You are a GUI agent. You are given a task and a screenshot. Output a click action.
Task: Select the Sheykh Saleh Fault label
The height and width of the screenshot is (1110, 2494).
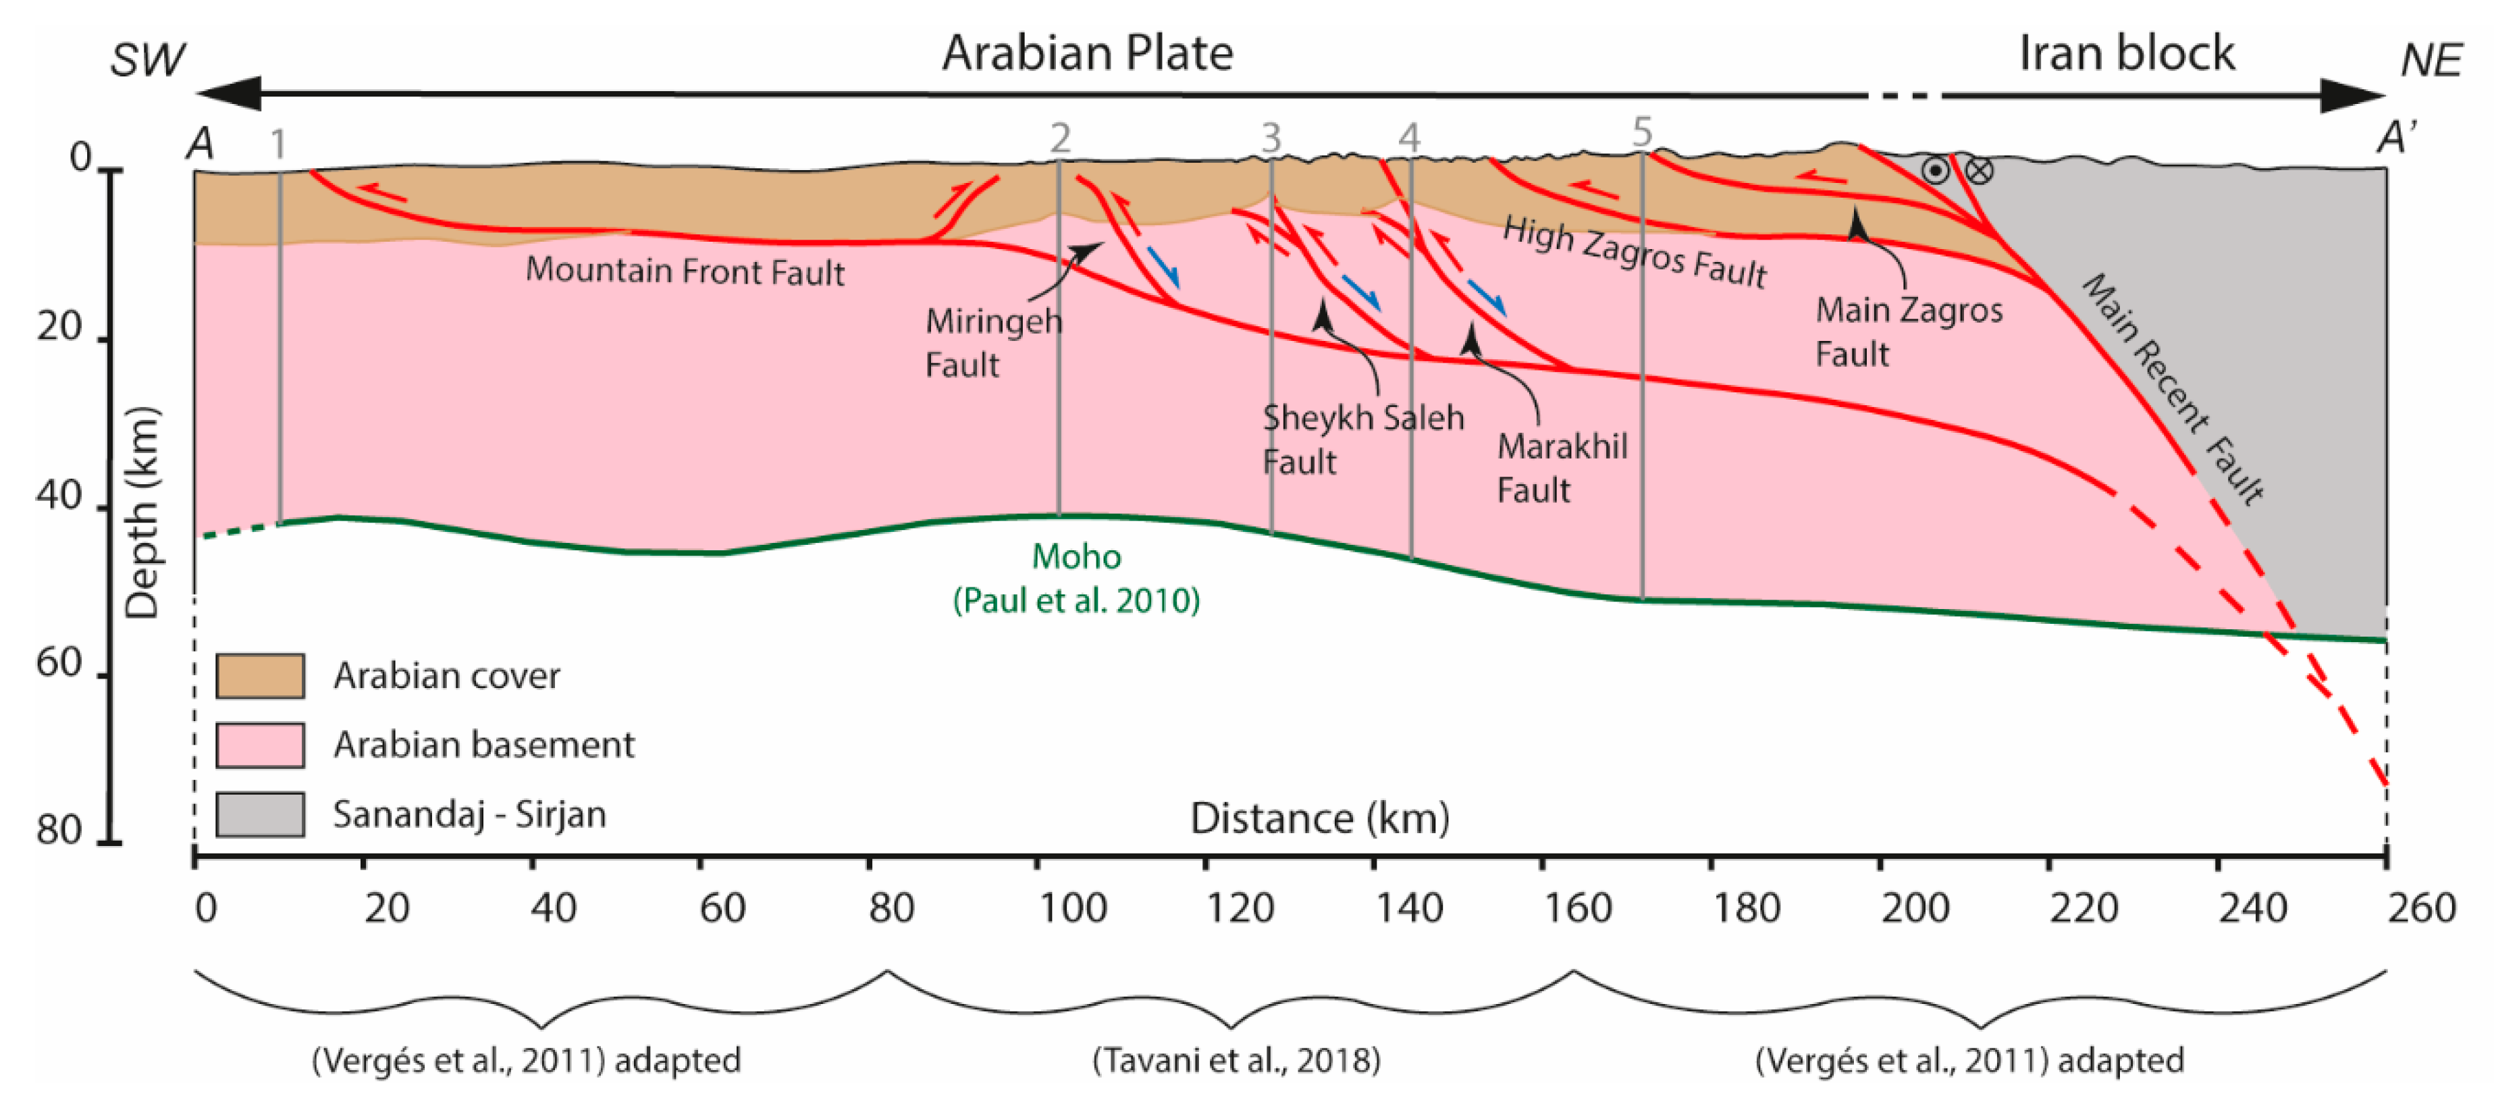(1362, 439)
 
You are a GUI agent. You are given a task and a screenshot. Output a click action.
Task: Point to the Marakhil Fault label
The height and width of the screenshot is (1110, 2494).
(1561, 468)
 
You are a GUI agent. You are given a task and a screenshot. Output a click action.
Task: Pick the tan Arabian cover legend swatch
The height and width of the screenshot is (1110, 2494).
(259, 675)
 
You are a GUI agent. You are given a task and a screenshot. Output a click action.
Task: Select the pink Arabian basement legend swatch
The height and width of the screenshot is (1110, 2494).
(259, 745)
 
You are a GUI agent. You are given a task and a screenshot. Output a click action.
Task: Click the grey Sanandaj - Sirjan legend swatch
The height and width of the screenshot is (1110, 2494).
(259, 814)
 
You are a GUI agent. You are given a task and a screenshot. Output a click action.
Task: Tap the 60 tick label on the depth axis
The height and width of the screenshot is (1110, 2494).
(60, 664)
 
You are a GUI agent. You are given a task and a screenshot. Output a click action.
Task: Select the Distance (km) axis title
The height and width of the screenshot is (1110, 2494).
(1319, 818)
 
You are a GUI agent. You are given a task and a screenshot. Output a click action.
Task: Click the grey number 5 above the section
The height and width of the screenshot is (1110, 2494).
(1642, 132)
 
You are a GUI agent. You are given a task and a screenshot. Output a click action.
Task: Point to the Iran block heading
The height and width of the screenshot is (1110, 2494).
(2126, 53)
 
